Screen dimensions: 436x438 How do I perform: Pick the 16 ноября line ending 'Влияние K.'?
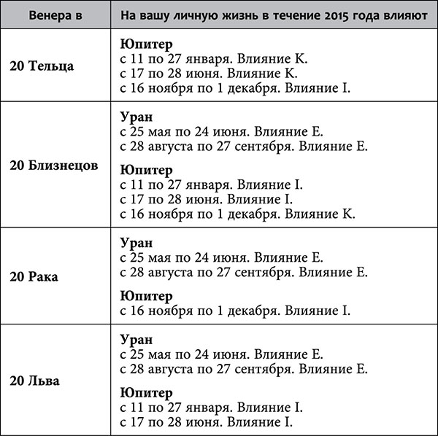click(237, 214)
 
